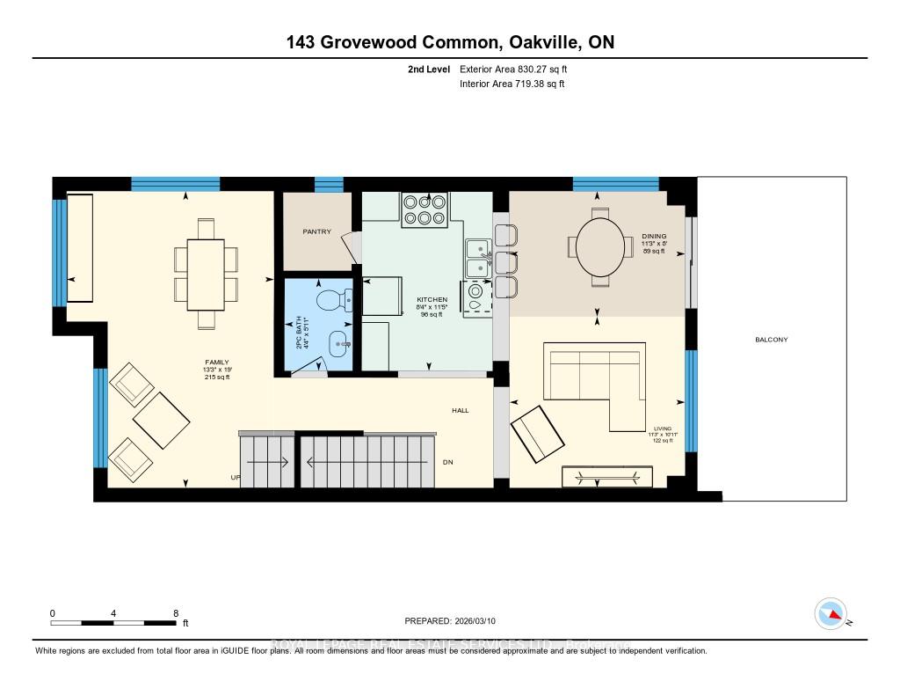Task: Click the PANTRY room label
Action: [316, 232]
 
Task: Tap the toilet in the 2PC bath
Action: [335, 300]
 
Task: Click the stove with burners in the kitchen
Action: [424, 209]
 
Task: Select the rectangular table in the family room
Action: [206, 274]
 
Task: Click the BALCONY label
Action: [771, 340]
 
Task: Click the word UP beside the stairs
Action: [236, 478]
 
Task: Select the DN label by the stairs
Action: [447, 462]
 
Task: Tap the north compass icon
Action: [831, 613]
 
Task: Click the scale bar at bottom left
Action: [114, 622]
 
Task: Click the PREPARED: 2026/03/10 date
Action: [450, 621]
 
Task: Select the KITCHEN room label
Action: [432, 300]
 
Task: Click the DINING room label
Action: [654, 236]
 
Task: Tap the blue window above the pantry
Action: [329, 184]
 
